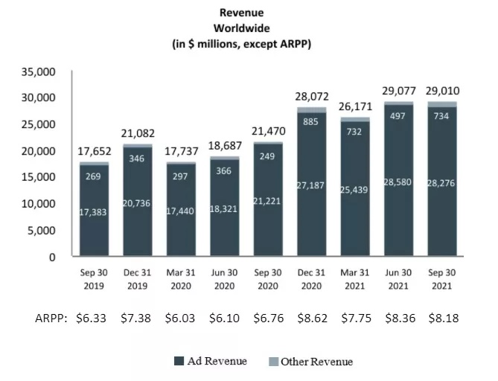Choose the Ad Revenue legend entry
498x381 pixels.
tap(211, 362)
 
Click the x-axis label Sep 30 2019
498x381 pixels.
tap(95, 280)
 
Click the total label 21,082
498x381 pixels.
tap(138, 132)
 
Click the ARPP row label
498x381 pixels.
tap(53, 318)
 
